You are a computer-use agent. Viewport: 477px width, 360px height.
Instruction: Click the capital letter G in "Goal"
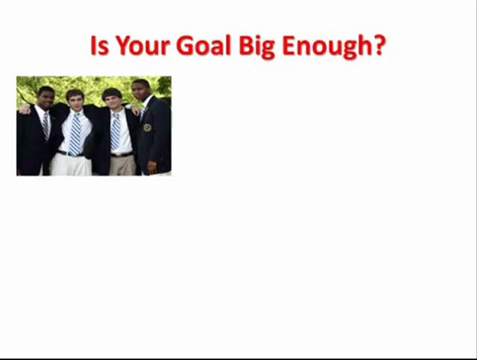pos(185,46)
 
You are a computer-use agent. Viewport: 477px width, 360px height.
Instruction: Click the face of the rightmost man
pos(140,90)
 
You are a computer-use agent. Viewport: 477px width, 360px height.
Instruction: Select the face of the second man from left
pos(74,100)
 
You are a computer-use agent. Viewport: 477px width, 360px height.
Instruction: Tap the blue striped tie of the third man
pos(115,131)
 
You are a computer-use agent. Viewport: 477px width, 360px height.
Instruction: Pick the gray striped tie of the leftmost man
pos(46,124)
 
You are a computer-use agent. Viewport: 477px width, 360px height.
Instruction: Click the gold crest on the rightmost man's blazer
pos(147,127)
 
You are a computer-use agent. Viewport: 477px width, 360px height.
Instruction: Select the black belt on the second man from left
pos(70,153)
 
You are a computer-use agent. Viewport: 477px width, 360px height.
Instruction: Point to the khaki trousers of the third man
pos(121,165)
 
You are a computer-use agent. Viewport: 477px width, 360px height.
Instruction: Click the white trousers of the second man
pos(69,165)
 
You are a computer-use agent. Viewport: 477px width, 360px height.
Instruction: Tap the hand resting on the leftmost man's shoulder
pos(23,108)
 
